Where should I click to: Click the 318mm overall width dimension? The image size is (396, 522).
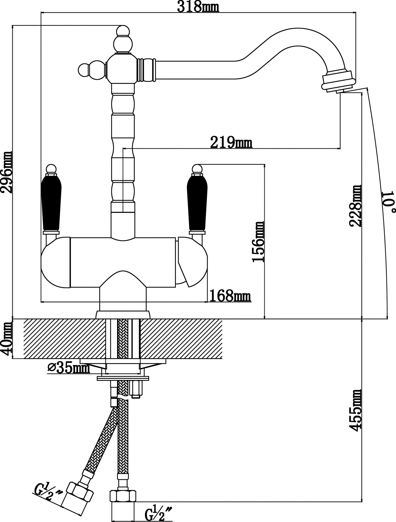tap(198, 7)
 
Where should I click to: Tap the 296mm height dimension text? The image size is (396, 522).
tap(6, 172)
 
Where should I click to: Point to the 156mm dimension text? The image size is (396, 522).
tap(258, 242)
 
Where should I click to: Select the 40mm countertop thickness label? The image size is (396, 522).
tap(6, 338)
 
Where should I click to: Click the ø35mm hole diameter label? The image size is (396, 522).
tap(69, 368)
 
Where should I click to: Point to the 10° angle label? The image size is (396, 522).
tap(388, 202)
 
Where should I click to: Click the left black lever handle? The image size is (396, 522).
tap(51, 202)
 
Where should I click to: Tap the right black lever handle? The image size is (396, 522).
tap(197, 202)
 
